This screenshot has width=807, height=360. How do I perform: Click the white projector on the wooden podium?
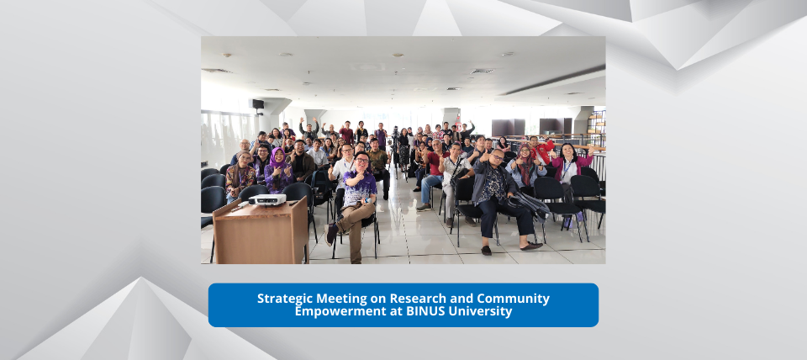pyautogui.click(x=267, y=199)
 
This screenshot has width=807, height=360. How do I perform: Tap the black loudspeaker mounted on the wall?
pyautogui.click(x=258, y=104)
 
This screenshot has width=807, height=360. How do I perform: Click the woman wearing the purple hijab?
pyautogui.click(x=278, y=171)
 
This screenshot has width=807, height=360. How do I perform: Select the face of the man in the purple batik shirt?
pyautogui.click(x=361, y=161)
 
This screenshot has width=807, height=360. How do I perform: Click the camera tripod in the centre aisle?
pyautogui.click(x=396, y=152)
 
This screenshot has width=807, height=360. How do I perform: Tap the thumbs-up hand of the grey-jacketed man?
pyautogui.click(x=484, y=156)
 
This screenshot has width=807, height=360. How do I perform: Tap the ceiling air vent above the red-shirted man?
pyautogui.click(x=483, y=71)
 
